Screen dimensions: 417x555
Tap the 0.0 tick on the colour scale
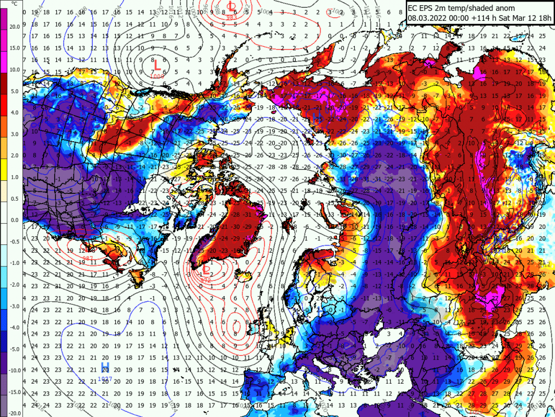point(14,219)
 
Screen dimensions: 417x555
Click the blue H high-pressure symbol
point(105,366)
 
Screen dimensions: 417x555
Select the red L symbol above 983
point(231,6)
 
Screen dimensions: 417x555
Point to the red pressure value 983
point(232,17)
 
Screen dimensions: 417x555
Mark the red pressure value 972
point(206,280)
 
